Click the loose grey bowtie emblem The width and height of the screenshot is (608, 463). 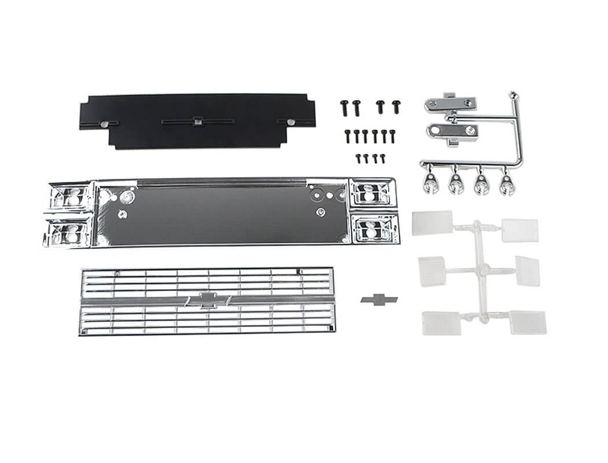tap(379, 299)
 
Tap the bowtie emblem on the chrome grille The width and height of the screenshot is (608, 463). tap(208, 299)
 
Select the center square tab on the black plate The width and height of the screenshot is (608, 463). tap(197, 122)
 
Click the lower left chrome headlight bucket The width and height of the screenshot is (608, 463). tap(68, 233)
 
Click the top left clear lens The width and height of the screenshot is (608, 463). tap(432, 223)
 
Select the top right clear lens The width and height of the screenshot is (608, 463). tap(520, 230)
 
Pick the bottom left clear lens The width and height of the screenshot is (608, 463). tap(441, 323)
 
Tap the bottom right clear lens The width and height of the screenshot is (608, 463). tap(528, 322)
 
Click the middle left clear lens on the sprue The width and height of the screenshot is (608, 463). tap(432, 271)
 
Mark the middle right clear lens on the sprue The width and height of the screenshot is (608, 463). tap(528, 271)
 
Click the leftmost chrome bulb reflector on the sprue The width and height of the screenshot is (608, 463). tap(430, 183)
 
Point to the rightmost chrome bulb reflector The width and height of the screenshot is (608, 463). tap(507, 185)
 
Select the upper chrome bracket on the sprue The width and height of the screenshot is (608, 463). tap(450, 104)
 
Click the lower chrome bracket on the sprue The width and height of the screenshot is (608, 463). tap(452, 131)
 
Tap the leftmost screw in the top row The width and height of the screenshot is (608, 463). tap(344, 107)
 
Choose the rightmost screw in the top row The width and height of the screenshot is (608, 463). tap(396, 106)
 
